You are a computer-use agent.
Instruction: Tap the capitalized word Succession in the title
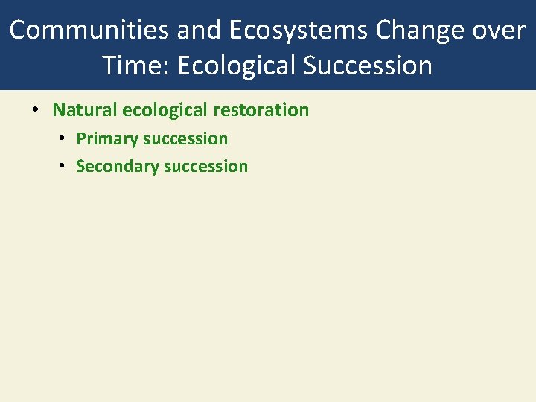tap(368, 66)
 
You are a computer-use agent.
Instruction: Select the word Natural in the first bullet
tap(85, 110)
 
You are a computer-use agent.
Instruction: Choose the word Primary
tap(107, 138)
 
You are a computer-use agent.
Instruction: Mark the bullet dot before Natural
tap(36, 111)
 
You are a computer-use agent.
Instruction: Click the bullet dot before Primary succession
tap(63, 139)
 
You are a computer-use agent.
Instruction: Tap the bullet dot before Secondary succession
tap(63, 167)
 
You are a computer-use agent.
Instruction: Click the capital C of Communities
tap(18, 30)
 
